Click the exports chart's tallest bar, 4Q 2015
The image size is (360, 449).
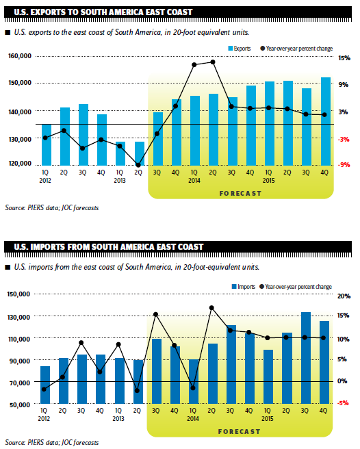click(325, 121)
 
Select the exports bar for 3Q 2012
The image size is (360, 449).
click(83, 135)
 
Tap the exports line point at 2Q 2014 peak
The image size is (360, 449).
click(213, 62)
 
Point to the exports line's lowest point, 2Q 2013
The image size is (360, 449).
click(138, 165)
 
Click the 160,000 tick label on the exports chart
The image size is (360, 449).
click(20, 55)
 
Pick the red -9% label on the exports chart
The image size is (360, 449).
click(344, 165)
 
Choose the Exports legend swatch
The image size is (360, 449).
click(230, 49)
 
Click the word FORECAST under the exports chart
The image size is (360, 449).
click(240, 194)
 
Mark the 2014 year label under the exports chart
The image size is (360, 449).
click(194, 181)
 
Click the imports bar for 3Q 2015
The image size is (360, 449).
click(306, 358)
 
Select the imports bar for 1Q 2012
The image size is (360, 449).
click(45, 385)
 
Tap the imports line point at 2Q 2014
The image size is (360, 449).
click(211, 308)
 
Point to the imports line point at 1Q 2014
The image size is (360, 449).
click(193, 388)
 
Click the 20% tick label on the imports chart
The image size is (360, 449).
click(344, 296)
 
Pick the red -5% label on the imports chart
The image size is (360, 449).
click(343, 403)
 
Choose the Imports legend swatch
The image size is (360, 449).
click(234, 286)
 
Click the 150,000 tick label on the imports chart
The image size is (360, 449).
click(18, 294)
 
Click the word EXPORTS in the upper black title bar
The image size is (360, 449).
click(53, 12)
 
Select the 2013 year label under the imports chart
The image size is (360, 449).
click(118, 419)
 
